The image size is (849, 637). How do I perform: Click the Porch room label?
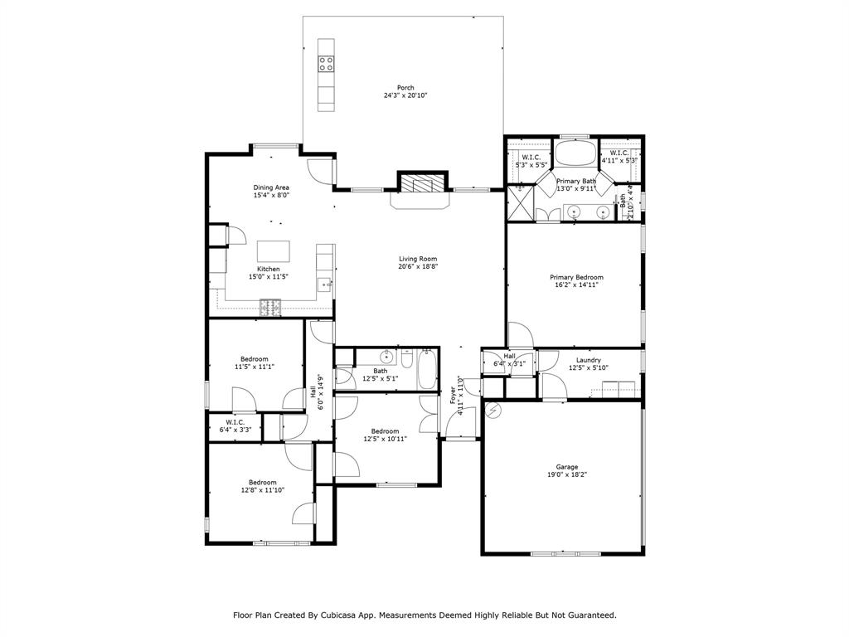tap(405, 87)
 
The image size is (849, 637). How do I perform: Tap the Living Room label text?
tap(418, 259)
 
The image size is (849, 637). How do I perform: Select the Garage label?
tap(567, 467)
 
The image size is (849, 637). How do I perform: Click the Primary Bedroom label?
tap(577, 277)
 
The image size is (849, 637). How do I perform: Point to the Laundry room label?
tap(589, 360)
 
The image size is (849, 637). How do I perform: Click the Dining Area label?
tap(271, 187)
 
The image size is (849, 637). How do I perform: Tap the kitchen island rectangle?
tap(274, 251)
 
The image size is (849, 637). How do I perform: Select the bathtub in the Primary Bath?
tap(575, 153)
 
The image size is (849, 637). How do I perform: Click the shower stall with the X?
tap(520, 207)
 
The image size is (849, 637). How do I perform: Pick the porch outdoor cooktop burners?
tap(326, 64)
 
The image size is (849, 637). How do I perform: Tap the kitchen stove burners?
tap(271, 308)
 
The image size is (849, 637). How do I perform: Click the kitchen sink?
tap(324, 284)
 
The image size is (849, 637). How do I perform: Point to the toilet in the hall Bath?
tap(408, 360)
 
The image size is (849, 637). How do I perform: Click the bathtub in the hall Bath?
tap(427, 369)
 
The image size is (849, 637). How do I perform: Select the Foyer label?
tap(453, 395)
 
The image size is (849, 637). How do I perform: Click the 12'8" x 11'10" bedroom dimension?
tap(263, 490)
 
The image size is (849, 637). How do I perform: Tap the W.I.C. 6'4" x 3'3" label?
tap(235, 426)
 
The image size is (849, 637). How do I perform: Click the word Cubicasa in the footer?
tap(337, 615)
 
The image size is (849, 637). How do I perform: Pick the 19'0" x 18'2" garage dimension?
tap(567, 474)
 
